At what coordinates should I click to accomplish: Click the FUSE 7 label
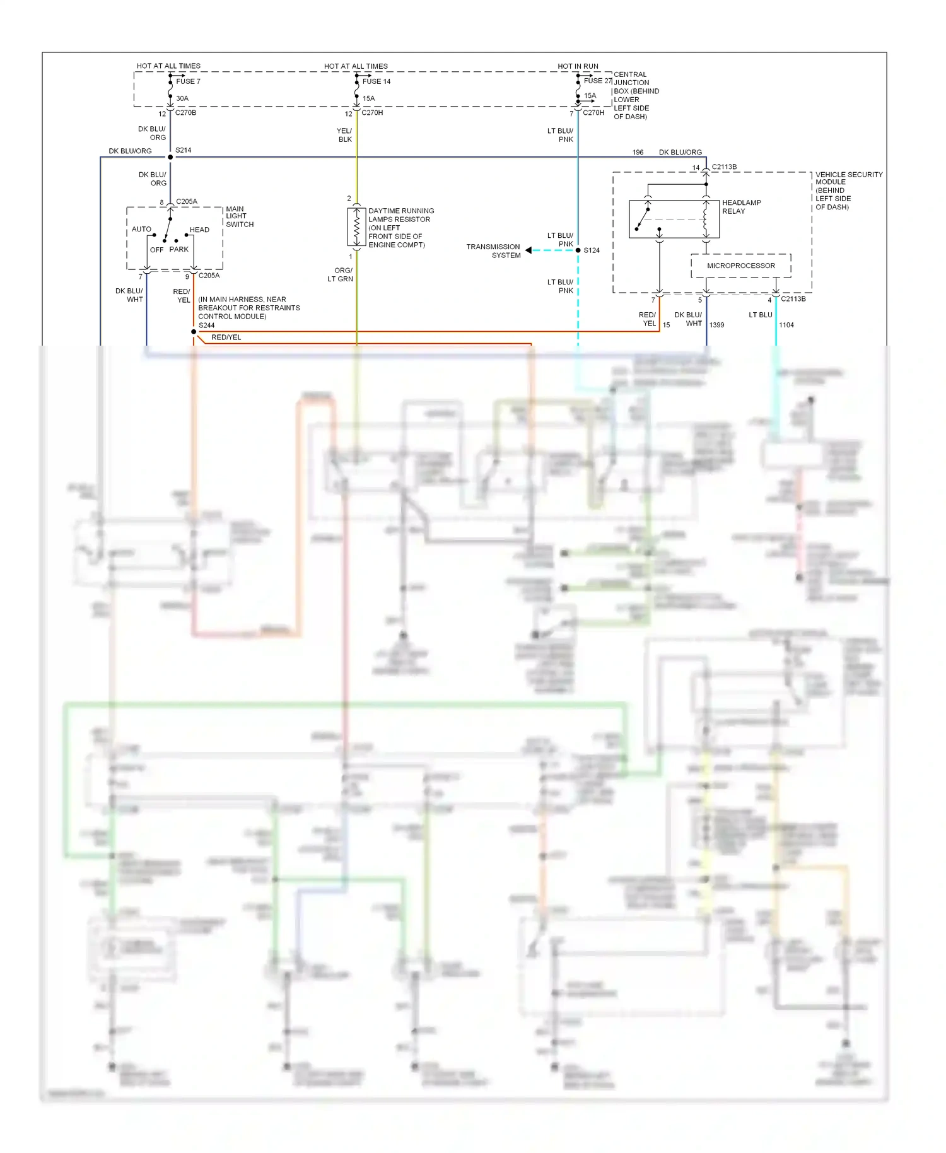(x=188, y=81)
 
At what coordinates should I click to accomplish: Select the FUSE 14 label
(x=377, y=81)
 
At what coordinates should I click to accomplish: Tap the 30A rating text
(x=182, y=98)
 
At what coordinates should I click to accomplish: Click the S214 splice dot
(x=170, y=157)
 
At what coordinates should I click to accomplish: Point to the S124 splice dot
(x=578, y=250)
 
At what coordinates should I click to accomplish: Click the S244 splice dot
(x=194, y=332)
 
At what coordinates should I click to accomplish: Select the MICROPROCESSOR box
(x=741, y=266)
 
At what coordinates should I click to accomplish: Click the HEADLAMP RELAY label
(x=741, y=207)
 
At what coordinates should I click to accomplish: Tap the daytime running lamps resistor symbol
(x=356, y=227)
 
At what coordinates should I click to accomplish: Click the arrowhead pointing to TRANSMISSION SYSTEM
(x=528, y=250)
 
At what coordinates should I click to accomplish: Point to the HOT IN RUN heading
(x=578, y=66)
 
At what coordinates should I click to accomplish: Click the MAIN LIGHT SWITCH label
(x=240, y=216)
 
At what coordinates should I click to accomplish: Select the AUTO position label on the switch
(x=141, y=229)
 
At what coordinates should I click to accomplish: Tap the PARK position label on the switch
(x=178, y=249)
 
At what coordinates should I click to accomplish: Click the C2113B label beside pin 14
(x=724, y=167)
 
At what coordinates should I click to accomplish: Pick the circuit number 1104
(x=786, y=325)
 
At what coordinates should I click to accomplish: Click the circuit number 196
(x=638, y=153)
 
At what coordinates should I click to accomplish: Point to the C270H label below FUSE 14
(x=372, y=113)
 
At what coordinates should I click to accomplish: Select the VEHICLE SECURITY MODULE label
(x=848, y=190)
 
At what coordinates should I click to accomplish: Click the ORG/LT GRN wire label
(x=341, y=274)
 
